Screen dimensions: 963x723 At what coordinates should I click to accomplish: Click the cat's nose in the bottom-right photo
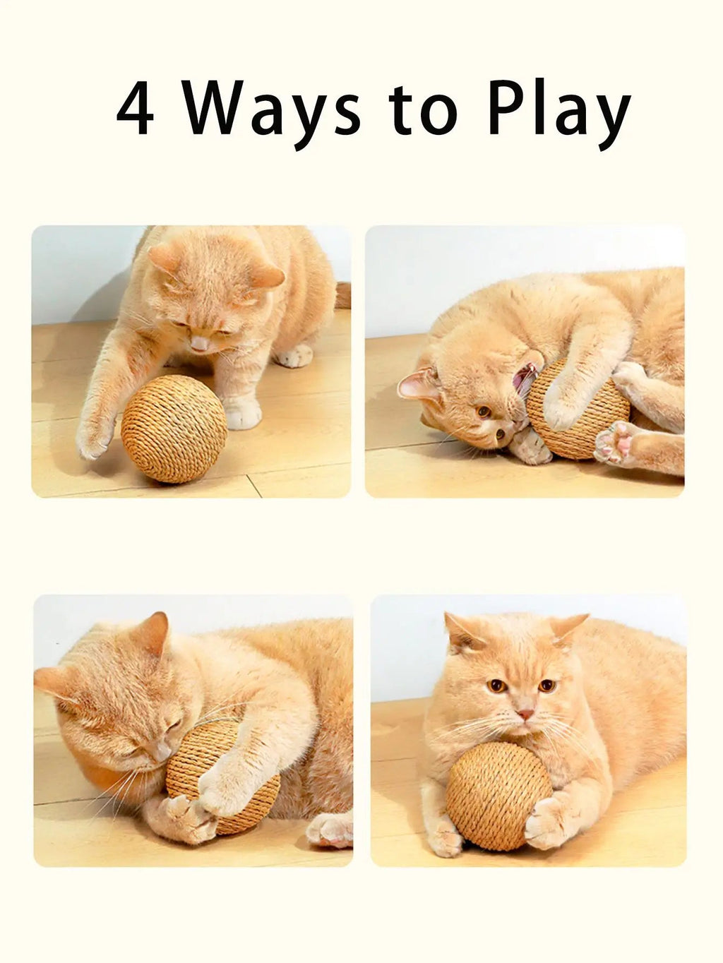[524, 714]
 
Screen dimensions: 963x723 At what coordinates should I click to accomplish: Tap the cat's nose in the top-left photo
[201, 344]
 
